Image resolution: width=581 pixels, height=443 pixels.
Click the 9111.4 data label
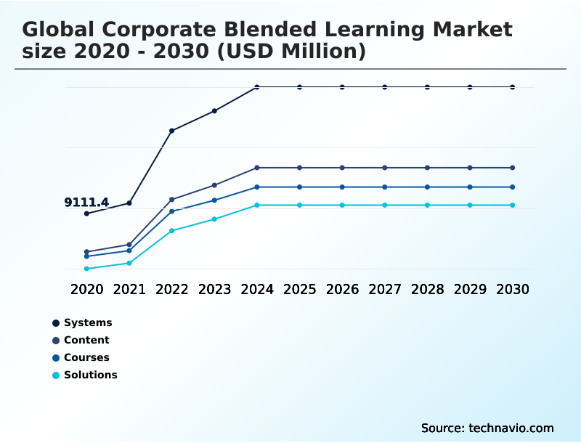point(86,203)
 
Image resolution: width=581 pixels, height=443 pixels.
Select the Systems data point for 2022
point(172,131)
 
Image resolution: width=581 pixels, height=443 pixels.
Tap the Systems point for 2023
point(214,111)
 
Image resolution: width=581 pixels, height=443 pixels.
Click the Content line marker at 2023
point(214,185)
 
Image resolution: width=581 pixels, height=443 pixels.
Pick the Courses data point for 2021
point(129,251)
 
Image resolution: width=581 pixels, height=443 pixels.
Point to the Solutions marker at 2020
point(86,269)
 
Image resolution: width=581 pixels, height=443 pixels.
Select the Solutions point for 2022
point(172,231)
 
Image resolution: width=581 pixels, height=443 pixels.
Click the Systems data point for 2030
point(513,87)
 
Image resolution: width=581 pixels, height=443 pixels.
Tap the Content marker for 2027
point(385,168)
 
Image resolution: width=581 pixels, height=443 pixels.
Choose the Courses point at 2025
point(299,187)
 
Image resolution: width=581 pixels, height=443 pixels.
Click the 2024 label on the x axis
point(257,289)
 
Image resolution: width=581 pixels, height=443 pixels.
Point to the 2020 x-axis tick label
point(86,289)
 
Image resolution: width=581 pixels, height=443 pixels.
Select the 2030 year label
point(513,289)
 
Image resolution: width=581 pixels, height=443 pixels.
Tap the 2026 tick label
point(342,289)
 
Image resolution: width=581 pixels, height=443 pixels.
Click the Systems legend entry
point(87,322)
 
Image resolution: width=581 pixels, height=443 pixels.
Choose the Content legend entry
point(86,340)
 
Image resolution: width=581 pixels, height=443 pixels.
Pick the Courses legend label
point(86,357)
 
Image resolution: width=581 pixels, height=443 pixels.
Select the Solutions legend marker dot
point(56,375)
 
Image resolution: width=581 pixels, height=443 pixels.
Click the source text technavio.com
point(511,428)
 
